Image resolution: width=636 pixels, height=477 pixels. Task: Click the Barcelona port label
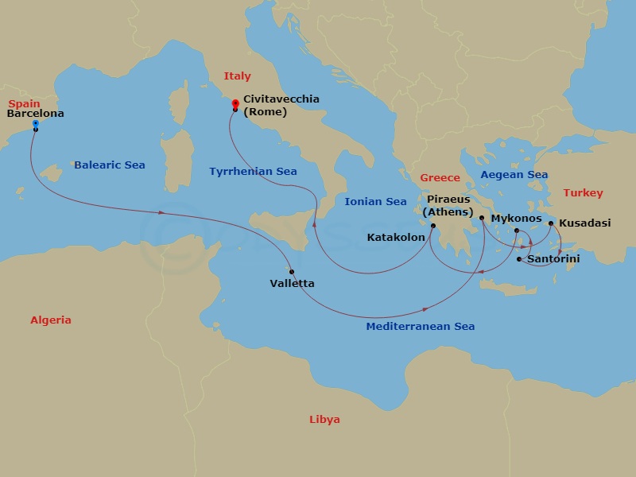(x=35, y=114)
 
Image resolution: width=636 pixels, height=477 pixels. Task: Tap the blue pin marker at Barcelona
(x=35, y=124)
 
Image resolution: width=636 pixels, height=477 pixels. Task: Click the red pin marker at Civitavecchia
(x=235, y=103)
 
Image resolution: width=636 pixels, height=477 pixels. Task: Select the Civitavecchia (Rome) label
(x=281, y=105)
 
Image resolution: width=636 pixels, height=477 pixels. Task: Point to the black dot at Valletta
(x=293, y=272)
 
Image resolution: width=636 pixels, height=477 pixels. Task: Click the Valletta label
(x=292, y=284)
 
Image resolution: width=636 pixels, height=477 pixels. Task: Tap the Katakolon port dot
(x=433, y=226)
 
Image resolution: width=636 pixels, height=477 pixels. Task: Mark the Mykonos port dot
(x=516, y=231)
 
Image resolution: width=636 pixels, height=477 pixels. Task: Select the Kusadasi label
(x=584, y=223)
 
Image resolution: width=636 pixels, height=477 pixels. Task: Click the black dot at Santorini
(x=519, y=259)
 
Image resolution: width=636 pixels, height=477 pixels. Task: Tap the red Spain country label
(x=24, y=103)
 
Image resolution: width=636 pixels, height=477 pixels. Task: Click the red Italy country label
(x=237, y=76)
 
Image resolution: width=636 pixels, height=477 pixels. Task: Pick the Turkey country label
(x=583, y=193)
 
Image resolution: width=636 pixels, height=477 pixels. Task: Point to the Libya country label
(x=324, y=419)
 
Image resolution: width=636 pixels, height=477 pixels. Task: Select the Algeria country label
(x=51, y=320)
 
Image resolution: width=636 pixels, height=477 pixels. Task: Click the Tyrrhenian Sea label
(x=253, y=172)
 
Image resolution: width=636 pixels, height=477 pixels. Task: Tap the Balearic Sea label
(x=110, y=165)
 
